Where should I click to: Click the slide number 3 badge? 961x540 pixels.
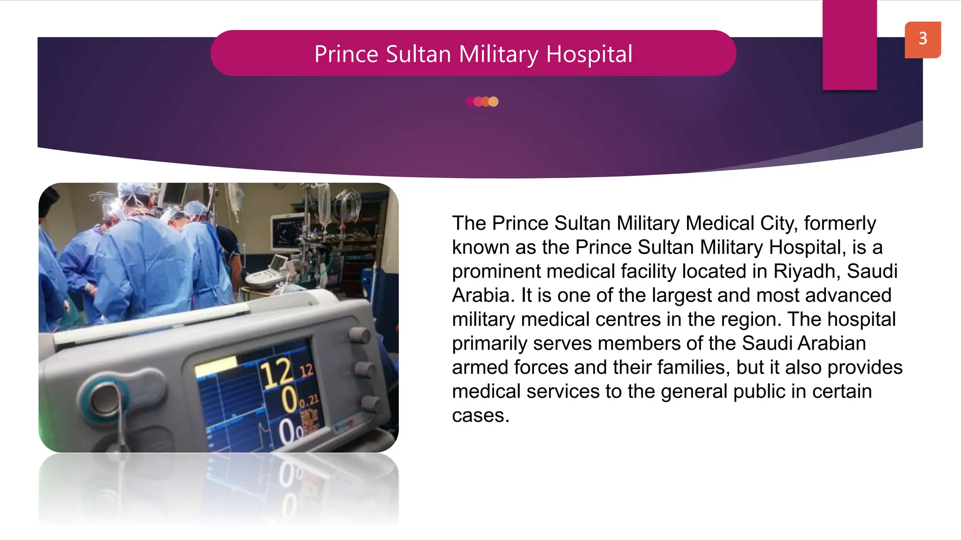click(x=923, y=39)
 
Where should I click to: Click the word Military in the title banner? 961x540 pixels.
click(x=498, y=54)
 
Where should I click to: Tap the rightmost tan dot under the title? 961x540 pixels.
click(x=493, y=102)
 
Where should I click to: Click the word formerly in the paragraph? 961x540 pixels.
click(x=839, y=224)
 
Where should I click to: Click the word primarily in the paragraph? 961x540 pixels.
click(x=489, y=344)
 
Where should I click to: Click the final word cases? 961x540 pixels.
click(x=480, y=416)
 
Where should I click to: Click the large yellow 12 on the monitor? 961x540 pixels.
click(x=277, y=374)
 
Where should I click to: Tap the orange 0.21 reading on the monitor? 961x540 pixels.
click(x=309, y=401)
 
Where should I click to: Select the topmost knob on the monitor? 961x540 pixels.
click(x=359, y=335)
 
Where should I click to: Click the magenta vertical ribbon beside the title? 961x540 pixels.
click(x=849, y=45)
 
